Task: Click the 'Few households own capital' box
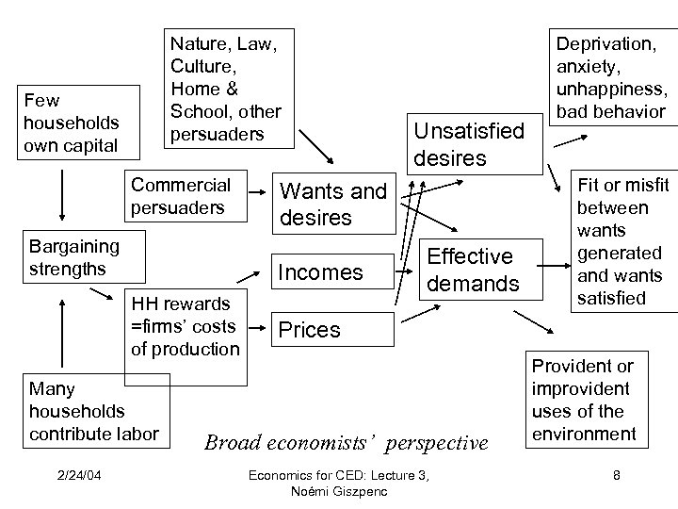point(70,122)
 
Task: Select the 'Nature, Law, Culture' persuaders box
point(225,87)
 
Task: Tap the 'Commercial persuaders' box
point(180,195)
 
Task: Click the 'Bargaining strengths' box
point(74,257)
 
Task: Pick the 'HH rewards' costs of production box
point(186,326)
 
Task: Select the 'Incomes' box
point(319,272)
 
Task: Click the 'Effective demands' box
point(472,270)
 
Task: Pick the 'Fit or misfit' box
point(620,241)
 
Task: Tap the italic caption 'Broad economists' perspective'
point(346,442)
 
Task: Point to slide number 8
point(616,475)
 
